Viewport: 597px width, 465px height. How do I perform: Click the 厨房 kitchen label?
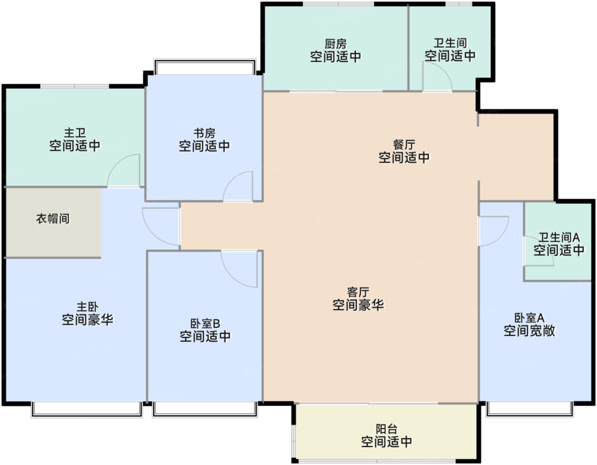click(336, 44)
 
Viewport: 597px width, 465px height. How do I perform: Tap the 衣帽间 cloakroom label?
click(53, 219)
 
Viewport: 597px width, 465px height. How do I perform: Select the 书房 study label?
click(204, 133)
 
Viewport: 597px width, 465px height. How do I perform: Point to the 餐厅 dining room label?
click(404, 145)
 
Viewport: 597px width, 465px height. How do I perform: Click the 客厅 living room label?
click(358, 292)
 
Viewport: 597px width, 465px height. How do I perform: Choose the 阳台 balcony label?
click(386, 429)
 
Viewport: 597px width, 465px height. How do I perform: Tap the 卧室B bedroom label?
click(205, 324)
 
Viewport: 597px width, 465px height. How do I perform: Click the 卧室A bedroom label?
click(529, 318)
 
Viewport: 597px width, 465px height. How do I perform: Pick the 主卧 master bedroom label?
click(87, 307)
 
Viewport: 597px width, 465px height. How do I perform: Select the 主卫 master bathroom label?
click(75, 133)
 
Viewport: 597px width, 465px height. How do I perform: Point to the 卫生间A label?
click(559, 237)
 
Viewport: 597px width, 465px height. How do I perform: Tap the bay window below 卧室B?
click(205, 409)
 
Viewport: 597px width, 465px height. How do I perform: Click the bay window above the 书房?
click(205, 67)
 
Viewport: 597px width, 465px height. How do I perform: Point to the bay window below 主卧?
click(87, 409)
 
